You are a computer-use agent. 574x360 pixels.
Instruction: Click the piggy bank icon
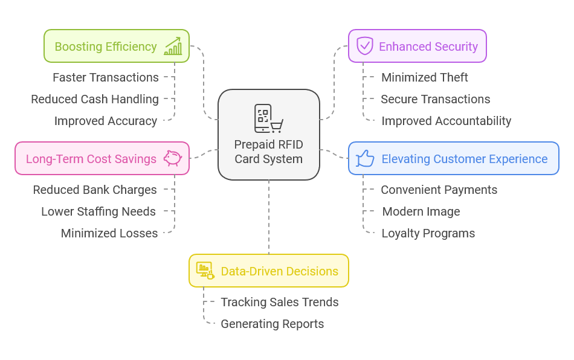pos(172,158)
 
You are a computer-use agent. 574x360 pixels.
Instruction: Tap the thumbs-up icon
pos(365,158)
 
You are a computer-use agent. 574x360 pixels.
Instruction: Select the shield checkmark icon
pos(364,46)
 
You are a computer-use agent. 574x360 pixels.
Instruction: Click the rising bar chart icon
pos(173,46)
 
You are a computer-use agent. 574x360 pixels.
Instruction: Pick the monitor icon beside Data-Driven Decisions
pos(205,271)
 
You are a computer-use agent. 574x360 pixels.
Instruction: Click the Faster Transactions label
pos(106,77)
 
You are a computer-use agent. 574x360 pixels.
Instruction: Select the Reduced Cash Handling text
pos(95,99)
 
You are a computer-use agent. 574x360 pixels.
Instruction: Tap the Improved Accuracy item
pos(106,121)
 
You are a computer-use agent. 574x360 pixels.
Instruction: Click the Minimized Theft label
pos(425,77)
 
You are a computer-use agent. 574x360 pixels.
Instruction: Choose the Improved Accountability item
pos(447,121)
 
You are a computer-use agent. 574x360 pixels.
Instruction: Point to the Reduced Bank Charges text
pos(95,190)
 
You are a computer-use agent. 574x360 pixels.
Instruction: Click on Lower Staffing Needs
pos(98,211)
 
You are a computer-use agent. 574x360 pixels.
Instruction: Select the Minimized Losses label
pos(109,233)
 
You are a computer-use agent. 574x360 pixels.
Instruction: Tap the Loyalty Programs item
pos(428,233)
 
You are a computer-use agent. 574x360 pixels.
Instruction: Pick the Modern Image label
pos(421,211)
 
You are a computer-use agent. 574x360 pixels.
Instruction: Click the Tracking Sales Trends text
pos(280,302)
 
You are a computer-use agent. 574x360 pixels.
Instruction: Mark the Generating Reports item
pos(272,324)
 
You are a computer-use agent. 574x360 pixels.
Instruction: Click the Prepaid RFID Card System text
pos(268,152)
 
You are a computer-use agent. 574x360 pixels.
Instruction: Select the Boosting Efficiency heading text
pos(106,47)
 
